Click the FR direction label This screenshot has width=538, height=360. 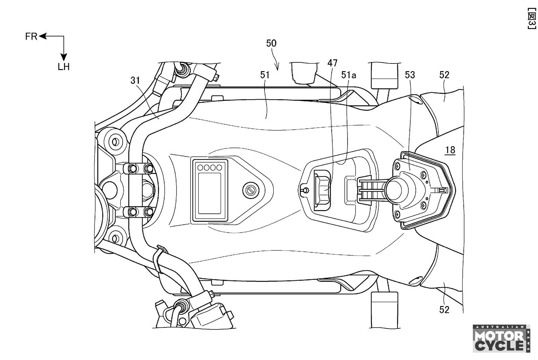tap(31, 36)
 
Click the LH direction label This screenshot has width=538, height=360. tap(64, 67)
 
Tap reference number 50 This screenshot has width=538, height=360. tap(271, 43)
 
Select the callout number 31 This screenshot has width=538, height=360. tap(135, 81)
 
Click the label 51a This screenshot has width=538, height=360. tap(349, 75)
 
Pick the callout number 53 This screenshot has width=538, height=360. tap(410, 75)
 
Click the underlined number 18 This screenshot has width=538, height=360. tap(450, 150)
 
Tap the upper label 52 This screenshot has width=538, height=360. tap(444, 75)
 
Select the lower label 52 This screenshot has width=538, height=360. tap(444, 310)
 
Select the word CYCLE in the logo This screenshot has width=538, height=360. tap(499, 346)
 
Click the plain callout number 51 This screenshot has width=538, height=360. tap(265, 75)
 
